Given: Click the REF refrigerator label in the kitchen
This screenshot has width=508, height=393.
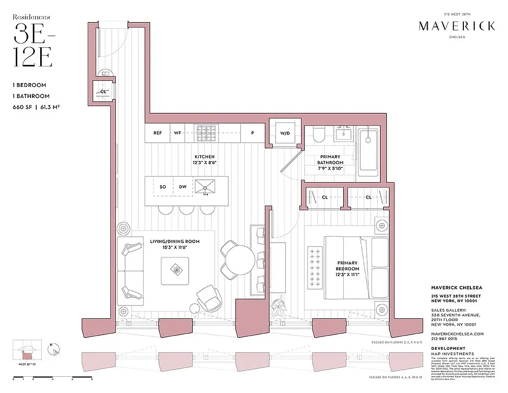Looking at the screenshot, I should [157, 133].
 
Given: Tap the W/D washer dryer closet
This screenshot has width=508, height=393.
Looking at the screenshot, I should [285, 133].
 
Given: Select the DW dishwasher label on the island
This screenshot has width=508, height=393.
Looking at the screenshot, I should [183, 187].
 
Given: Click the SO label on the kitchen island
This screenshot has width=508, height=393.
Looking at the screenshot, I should [163, 187].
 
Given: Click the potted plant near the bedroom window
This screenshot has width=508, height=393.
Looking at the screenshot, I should [280, 308].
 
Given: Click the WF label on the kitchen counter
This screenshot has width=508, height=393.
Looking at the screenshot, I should [178, 133].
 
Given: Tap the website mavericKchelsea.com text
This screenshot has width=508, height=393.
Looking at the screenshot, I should [457, 334].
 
